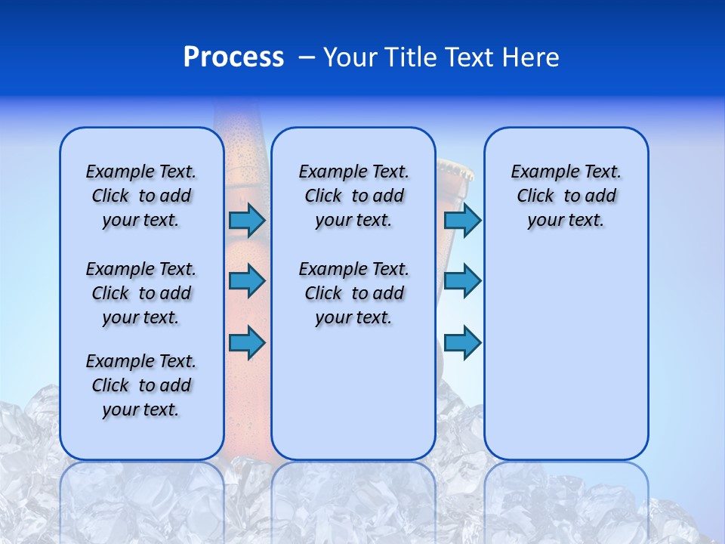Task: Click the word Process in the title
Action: coord(233,57)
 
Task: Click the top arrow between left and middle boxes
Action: coord(247,220)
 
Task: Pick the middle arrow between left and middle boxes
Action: coord(247,281)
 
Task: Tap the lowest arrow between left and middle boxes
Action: coord(247,343)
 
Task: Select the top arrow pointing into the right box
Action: coord(462,220)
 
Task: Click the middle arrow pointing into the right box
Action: coord(462,281)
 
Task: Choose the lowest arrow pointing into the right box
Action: coord(462,343)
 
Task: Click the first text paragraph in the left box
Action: coord(141,196)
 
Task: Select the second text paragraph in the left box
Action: coord(141,293)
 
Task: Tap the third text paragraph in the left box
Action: coord(141,385)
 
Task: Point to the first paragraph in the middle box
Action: coord(353,196)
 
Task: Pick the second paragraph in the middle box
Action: coord(353,293)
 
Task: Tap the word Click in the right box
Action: coord(535,196)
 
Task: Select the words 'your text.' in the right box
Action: coord(566,221)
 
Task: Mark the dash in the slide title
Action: coord(307,57)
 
